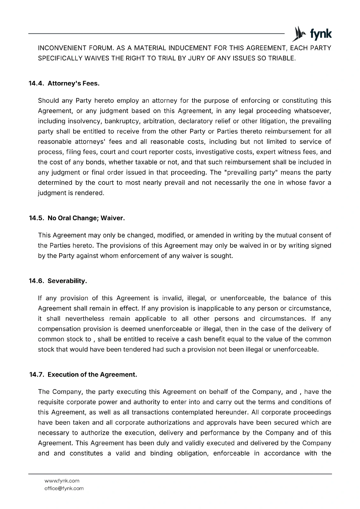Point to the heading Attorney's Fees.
tap(74, 84)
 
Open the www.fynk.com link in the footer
tap(62, 481)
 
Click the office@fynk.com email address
tap(64, 488)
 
